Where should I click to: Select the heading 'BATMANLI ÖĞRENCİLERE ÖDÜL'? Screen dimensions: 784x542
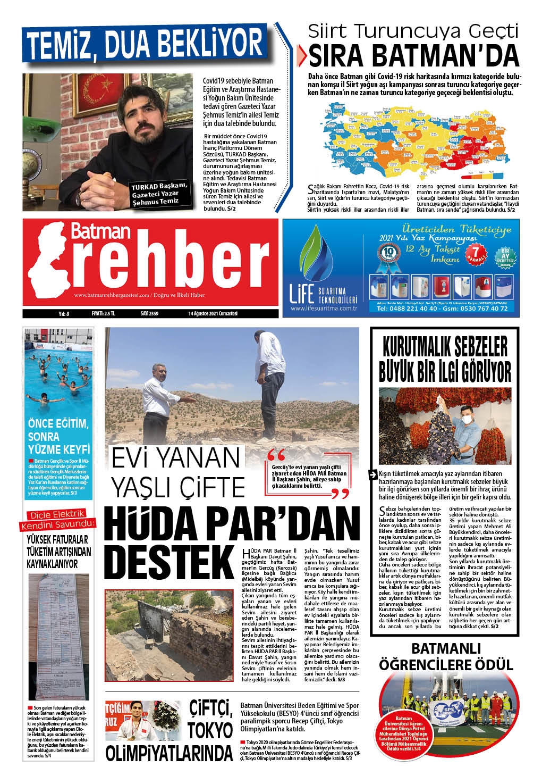point(446,656)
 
